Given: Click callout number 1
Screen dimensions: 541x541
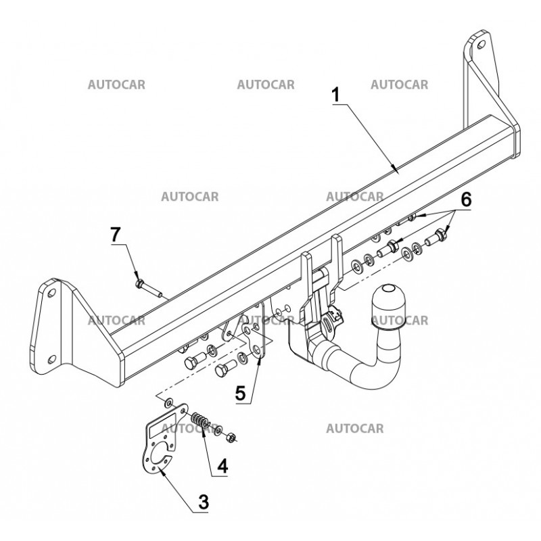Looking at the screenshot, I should click(336, 95).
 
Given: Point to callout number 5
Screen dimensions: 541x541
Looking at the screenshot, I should click(240, 394).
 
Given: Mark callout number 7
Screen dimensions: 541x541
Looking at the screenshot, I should click(117, 235).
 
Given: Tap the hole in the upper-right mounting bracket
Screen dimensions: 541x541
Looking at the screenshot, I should click(480, 45).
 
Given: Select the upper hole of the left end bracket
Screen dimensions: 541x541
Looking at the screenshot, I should click(51, 293).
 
